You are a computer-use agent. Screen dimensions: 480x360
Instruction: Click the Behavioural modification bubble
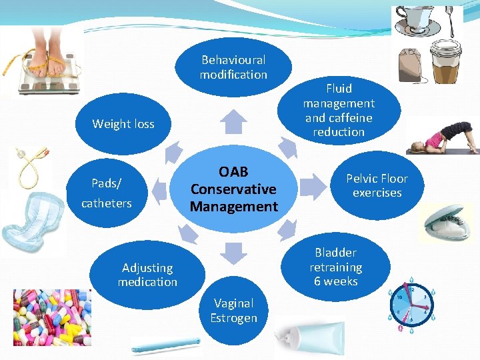pyautogui.click(x=233, y=67)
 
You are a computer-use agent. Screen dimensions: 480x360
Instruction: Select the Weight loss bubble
pyautogui.click(x=123, y=124)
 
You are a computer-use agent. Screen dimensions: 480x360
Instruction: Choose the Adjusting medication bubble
pyautogui.click(x=148, y=275)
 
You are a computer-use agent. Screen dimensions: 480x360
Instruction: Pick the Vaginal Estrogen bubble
pyautogui.click(x=233, y=311)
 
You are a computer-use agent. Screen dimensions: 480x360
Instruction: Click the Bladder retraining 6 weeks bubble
pyautogui.click(x=336, y=267)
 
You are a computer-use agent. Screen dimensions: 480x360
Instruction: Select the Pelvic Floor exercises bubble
pyautogui.click(x=377, y=185)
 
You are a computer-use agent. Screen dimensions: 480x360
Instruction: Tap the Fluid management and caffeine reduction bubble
pyautogui.click(x=339, y=110)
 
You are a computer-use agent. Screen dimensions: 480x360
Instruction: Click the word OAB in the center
pyautogui.click(x=233, y=172)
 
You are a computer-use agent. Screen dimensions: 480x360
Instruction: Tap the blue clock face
pyautogui.click(x=413, y=305)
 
